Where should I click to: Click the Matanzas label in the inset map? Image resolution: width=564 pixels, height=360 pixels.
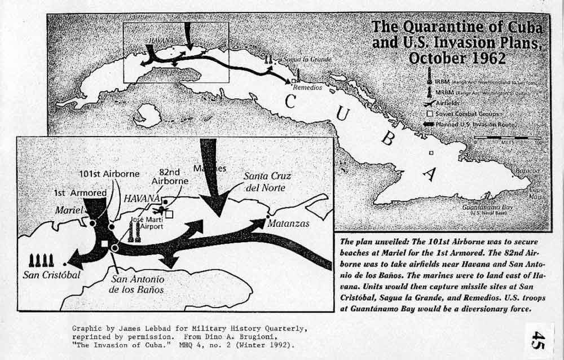click(288, 223)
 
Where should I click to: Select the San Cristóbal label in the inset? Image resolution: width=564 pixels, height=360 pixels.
click(52, 275)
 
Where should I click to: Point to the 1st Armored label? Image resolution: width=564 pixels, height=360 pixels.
click(81, 192)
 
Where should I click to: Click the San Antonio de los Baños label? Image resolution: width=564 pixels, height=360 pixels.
click(138, 284)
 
